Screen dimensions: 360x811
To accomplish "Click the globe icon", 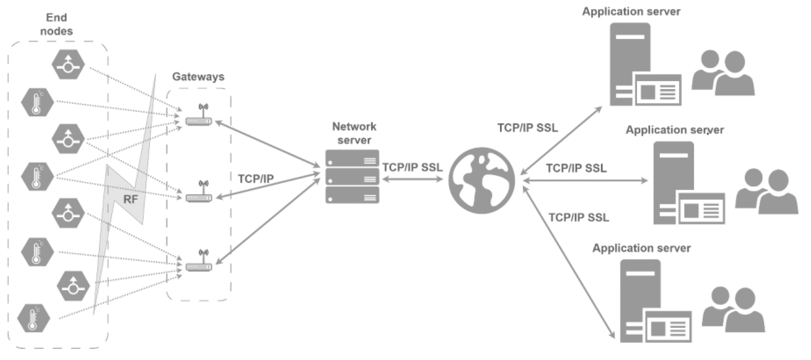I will tap(481, 181).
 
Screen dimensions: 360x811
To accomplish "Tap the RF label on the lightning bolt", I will tap(131, 199).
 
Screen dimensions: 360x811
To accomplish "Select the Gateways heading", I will tap(198, 76).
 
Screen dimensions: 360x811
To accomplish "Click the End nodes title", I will tap(56, 24).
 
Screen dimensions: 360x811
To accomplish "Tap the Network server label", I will tap(354, 133).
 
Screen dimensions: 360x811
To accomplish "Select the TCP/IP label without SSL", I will tap(256, 179).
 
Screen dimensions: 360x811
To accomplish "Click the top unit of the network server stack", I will tap(352, 158).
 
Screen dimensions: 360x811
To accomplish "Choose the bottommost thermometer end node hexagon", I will tap(34, 318).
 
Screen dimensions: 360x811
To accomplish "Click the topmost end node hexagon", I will tap(68, 65).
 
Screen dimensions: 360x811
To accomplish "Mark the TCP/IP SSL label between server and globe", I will tap(413, 167).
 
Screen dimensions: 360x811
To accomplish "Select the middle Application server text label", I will tap(675, 130).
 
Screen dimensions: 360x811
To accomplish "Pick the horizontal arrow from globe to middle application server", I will tap(585, 181).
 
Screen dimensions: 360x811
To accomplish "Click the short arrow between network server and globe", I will tap(413, 179).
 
